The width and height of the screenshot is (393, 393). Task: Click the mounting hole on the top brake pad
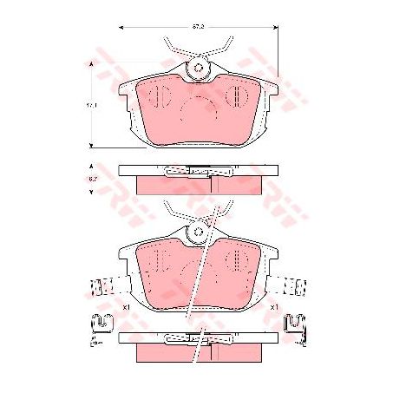tap(198, 69)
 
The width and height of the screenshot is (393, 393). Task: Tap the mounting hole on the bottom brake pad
tap(198, 232)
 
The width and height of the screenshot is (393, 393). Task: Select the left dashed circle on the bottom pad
tap(154, 258)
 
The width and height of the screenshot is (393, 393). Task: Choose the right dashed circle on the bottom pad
tap(235, 258)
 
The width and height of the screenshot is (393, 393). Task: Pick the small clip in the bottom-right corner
tap(297, 324)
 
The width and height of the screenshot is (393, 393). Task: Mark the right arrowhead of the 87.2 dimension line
tap(277, 27)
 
